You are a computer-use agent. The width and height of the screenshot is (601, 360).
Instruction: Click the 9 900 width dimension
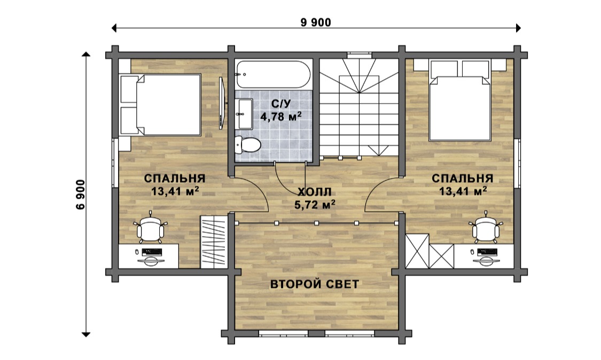point(316,22)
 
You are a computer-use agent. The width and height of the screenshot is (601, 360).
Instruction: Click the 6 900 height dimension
point(81,194)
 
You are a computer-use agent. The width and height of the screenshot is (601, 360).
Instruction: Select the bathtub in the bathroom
point(272,74)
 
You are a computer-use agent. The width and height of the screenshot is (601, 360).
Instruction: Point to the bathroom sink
point(245,114)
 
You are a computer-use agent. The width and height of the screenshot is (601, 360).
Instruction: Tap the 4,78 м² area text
point(280,116)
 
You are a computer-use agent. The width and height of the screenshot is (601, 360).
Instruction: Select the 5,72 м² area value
point(315,205)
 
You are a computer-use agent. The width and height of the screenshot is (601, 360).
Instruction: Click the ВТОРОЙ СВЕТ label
point(315,284)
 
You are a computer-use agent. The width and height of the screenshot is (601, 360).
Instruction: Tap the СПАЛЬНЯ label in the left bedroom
point(175,178)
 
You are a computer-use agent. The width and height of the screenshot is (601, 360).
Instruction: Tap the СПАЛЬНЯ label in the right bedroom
point(462,178)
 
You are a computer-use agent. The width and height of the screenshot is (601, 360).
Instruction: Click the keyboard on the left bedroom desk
point(152,252)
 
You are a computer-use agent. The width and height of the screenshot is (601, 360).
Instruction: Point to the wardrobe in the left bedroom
point(214,241)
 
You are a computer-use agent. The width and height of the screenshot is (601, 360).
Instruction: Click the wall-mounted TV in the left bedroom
point(221,103)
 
